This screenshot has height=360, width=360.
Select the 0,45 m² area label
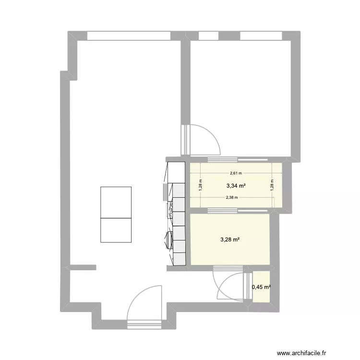point(261,288)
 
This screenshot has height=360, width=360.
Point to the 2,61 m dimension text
point(235,173)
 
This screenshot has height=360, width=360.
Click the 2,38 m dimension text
point(232,197)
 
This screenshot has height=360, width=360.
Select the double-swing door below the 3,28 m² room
point(229,286)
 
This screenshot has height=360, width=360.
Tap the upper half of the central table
point(116,202)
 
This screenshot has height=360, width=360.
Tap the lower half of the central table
point(116,230)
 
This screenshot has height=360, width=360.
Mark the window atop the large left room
point(129,36)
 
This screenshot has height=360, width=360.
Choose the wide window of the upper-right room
point(261,36)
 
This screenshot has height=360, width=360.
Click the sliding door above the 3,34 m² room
point(222,159)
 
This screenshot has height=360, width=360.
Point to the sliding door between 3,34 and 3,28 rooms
point(222,210)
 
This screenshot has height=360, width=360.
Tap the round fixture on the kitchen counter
point(169,240)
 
